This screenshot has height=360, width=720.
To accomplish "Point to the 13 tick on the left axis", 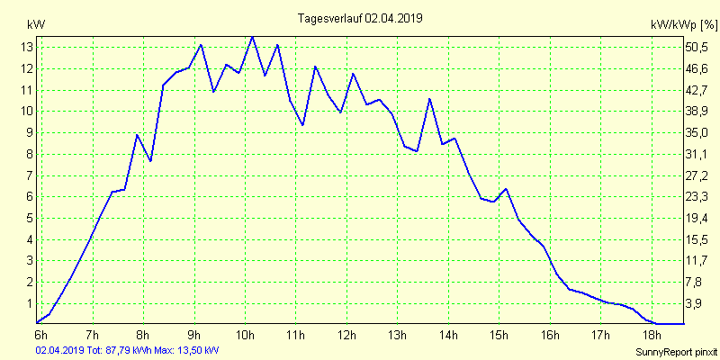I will coord(27,47).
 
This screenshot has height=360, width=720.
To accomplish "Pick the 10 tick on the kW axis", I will coord(27,111).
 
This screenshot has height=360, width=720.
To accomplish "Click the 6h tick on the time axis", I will coord(41,335).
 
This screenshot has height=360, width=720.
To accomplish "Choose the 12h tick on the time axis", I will coord(346,335).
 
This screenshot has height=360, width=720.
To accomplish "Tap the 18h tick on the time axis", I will coord(652,335).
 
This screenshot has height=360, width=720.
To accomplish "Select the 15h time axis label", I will coord(499,335).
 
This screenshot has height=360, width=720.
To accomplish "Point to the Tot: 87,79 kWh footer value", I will coord(120,349).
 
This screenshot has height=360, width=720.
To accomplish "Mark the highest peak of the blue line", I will coord(252,36).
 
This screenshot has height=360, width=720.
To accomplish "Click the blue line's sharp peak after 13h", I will coord(430,98).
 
